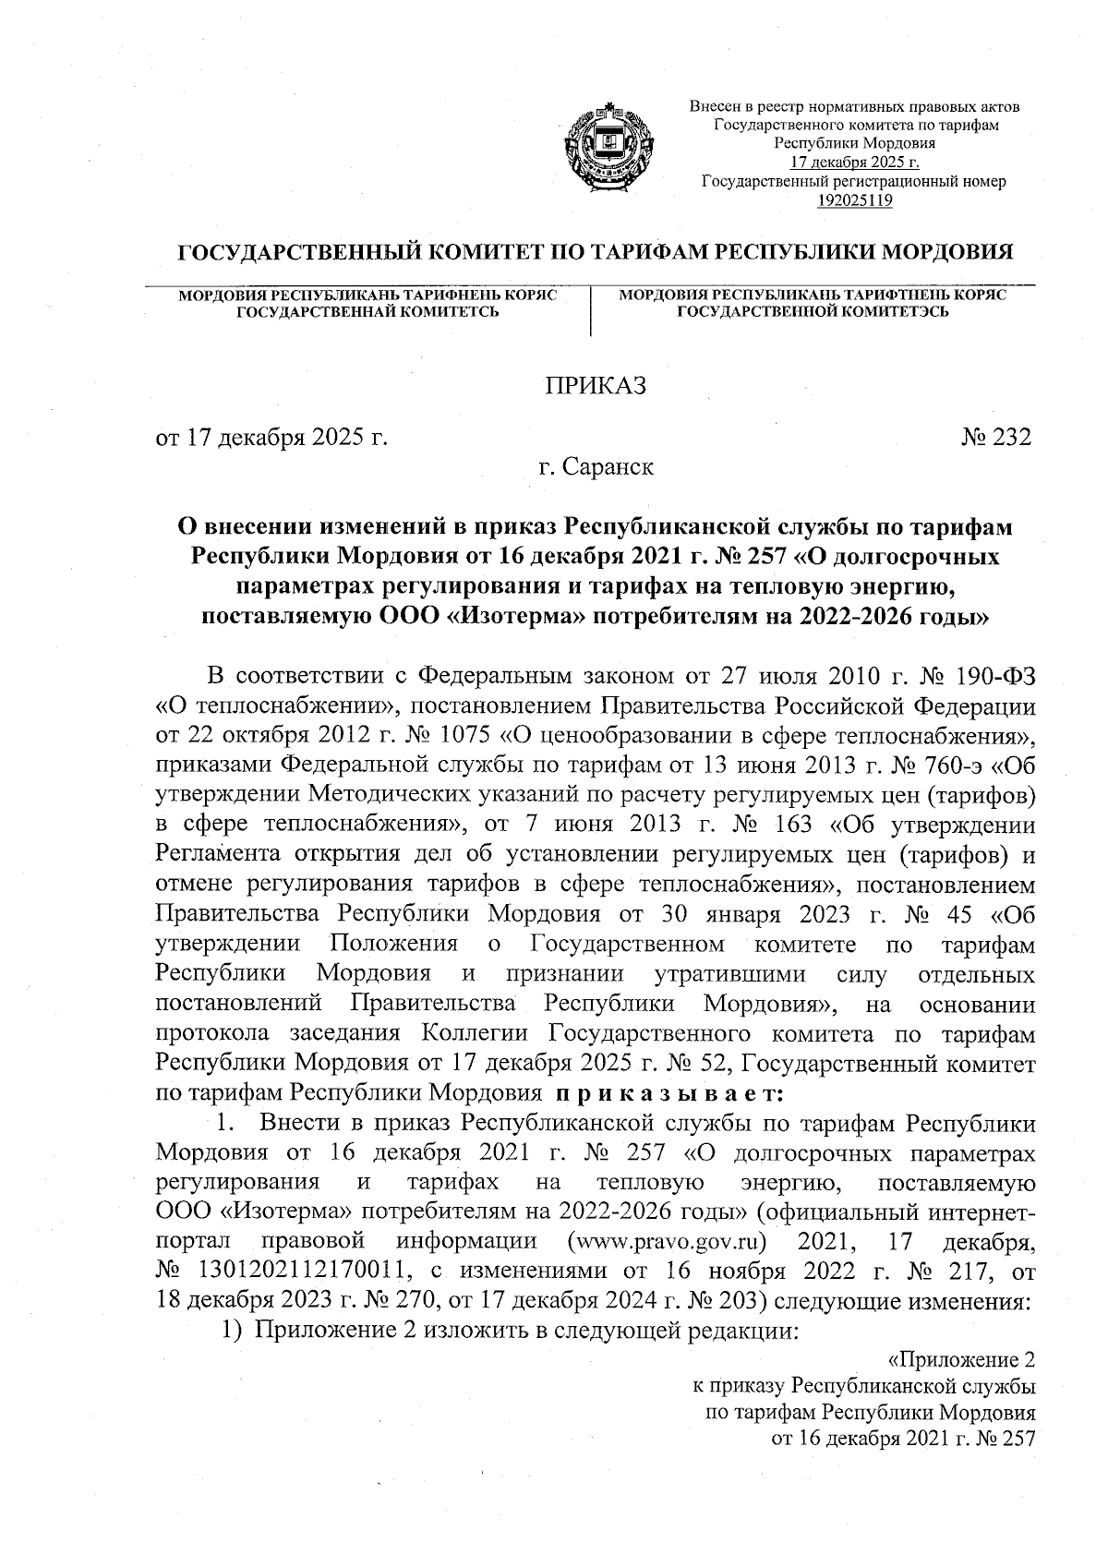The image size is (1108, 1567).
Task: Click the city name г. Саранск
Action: [596, 467]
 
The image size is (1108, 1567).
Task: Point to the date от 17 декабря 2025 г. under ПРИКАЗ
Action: [271, 436]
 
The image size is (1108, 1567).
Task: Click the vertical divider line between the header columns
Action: [590, 309]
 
